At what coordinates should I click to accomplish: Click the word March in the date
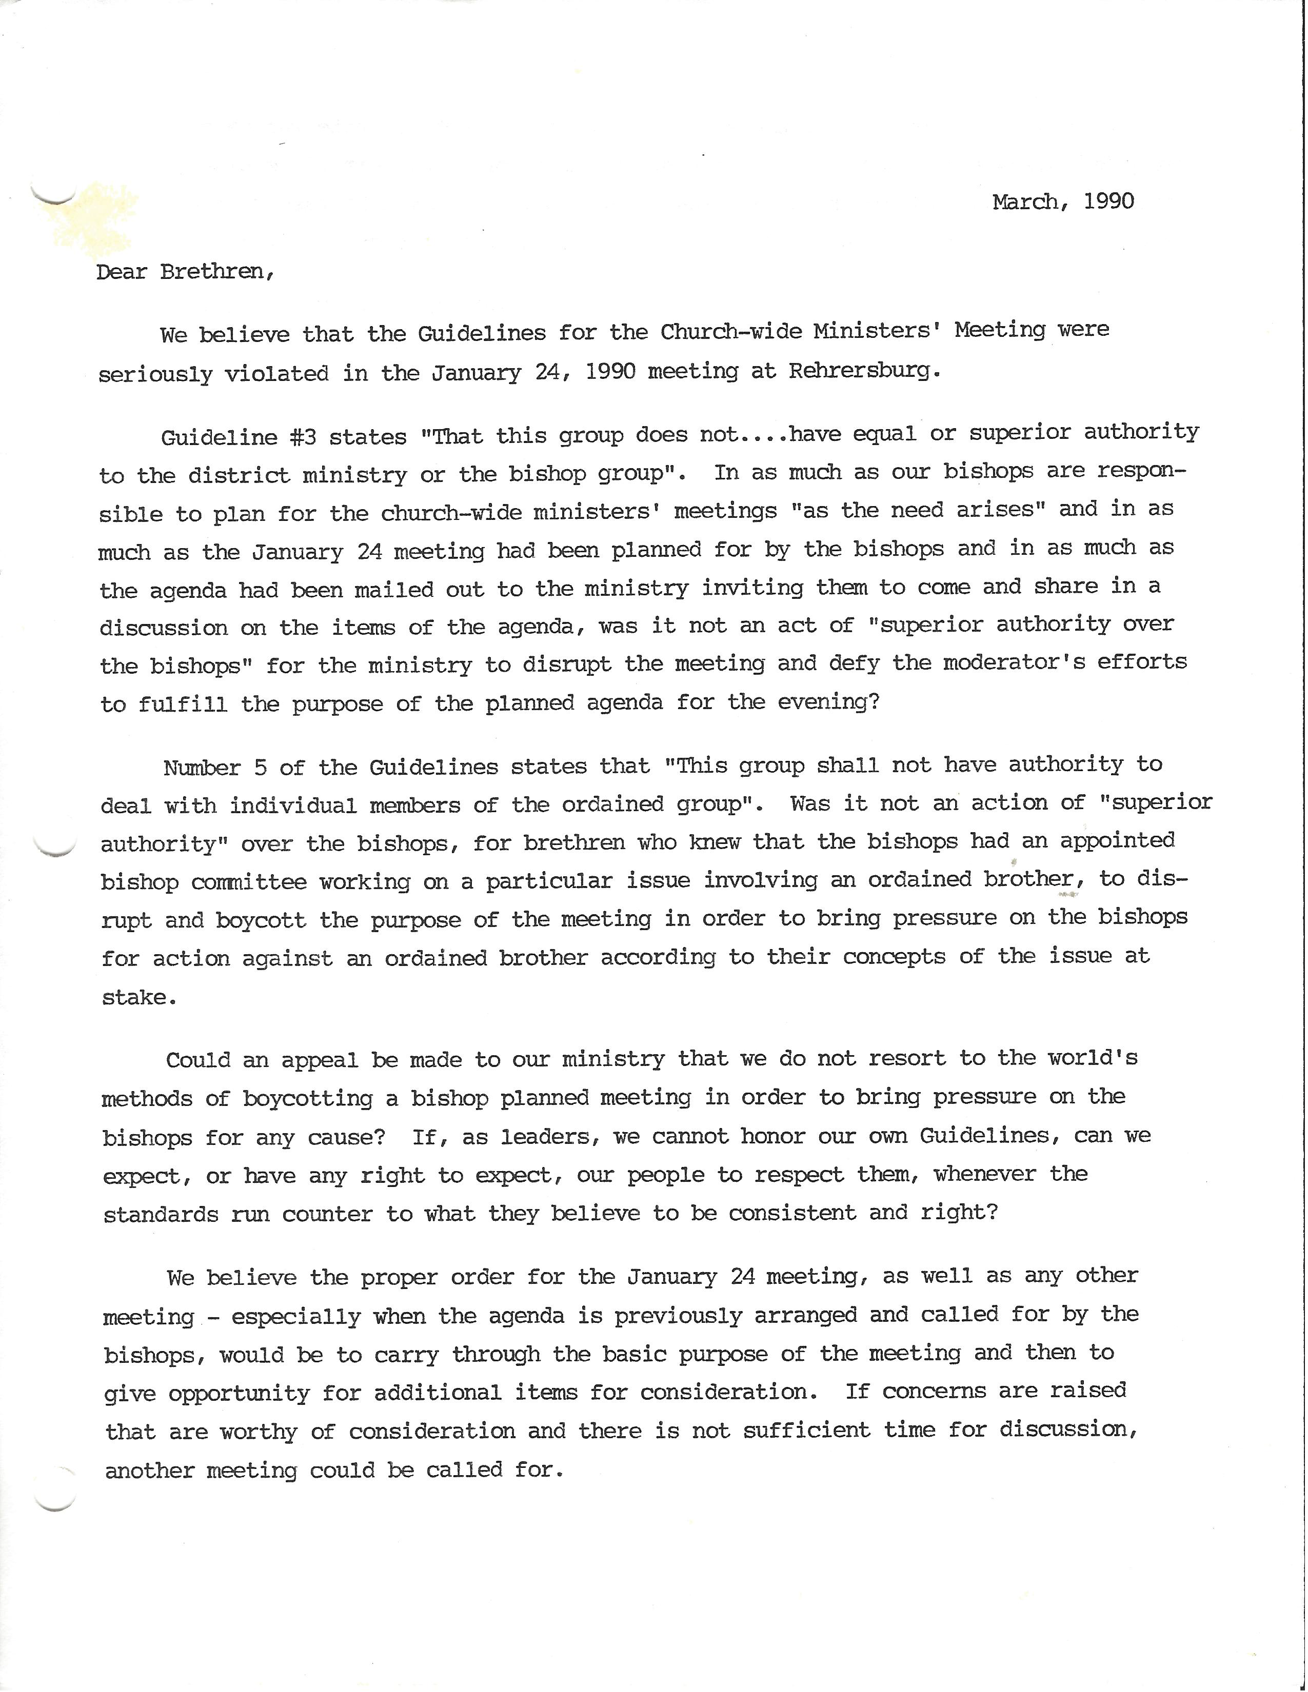tap(1024, 202)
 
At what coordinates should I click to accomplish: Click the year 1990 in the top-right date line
tap(1109, 202)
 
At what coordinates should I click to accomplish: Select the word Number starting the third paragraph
tap(202, 768)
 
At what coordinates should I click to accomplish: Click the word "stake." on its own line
tap(138, 998)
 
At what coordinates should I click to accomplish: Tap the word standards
tap(161, 1214)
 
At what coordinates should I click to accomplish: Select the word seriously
tap(155, 375)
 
